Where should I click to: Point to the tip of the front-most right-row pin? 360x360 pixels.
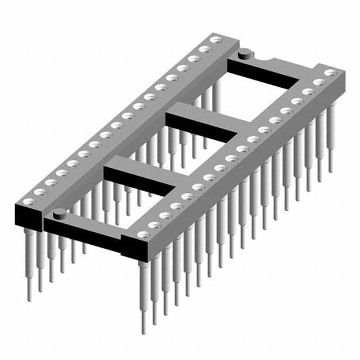click(144, 332)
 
